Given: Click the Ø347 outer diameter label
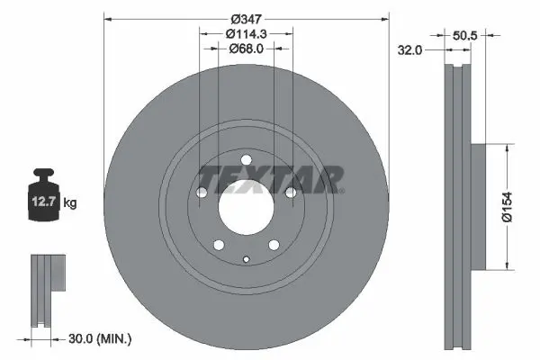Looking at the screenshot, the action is click(x=246, y=19).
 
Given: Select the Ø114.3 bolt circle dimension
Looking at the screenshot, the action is click(x=247, y=34).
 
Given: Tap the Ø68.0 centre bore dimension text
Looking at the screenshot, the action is click(x=247, y=49).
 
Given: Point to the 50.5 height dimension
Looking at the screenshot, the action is click(x=464, y=35).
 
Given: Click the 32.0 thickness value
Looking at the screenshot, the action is click(x=409, y=50).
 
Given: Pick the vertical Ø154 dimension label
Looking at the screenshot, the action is click(x=507, y=207).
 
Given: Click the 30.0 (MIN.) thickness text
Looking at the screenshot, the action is click(x=100, y=339).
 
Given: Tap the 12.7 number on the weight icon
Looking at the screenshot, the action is click(x=43, y=202).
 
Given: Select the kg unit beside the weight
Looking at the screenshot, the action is click(x=70, y=202).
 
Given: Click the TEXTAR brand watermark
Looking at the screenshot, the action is click(x=271, y=180).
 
